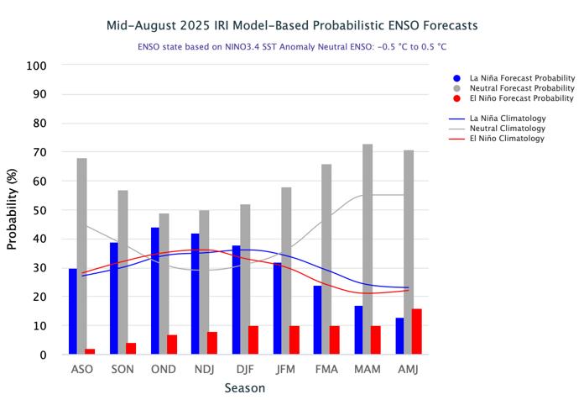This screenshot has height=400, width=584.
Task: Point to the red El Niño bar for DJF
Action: tap(253, 340)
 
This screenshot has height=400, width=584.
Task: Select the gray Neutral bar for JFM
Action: tap(286, 271)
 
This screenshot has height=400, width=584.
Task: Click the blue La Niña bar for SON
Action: tap(114, 298)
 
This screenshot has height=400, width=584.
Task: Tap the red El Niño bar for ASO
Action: tap(90, 351)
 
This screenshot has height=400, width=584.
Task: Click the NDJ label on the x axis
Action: tap(205, 370)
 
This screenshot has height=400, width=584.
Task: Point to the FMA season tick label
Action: tap(326, 370)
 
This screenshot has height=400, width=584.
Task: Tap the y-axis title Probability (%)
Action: tap(13, 210)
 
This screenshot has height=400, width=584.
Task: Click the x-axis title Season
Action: tap(245, 388)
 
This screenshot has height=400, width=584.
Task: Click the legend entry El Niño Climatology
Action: tap(508, 139)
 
